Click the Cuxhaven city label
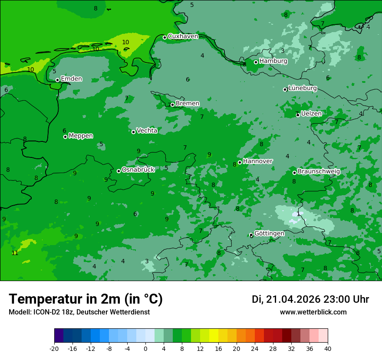coord(183,36)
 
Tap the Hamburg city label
coord(273,61)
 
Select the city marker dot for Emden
coord(57,80)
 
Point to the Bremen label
coord(188,104)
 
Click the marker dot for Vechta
coord(133,132)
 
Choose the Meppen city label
coord(81,136)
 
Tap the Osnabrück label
coord(138,170)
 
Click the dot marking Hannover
coord(240,162)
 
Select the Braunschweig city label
coord(319,172)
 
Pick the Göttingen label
coord(269,233)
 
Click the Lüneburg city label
coord(303,88)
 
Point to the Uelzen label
coord(311,114)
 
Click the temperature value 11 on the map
coord(15,253)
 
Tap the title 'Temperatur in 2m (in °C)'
coord(86,299)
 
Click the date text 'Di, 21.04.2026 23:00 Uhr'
coord(310,299)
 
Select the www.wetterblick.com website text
coord(313,312)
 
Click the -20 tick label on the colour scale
coord(54,348)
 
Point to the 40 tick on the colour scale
coord(327,348)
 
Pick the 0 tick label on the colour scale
coord(145,348)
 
